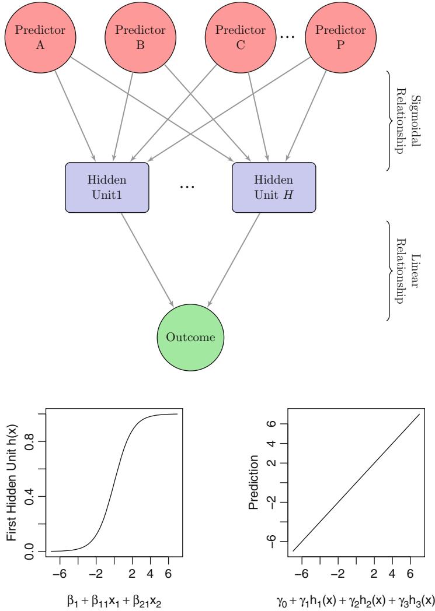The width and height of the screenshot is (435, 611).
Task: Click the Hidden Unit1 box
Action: [107, 187]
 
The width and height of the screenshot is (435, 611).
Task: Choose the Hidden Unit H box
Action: [274, 187]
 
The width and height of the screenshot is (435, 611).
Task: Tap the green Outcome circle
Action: [190, 337]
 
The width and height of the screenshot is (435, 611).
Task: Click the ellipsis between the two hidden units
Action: [190, 188]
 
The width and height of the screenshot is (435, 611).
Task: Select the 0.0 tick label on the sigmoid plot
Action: [29, 550]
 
